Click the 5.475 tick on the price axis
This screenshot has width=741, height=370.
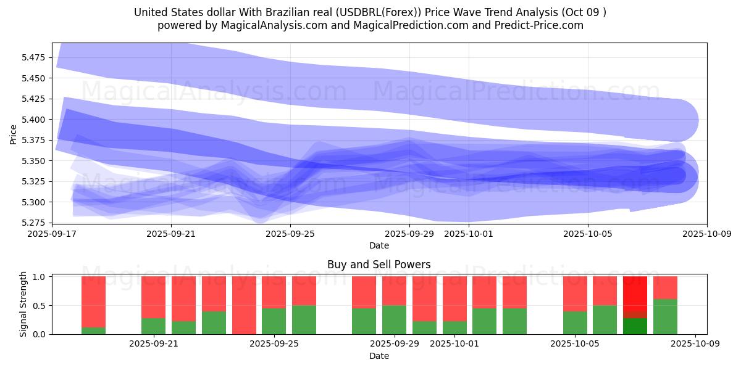pos(34,57)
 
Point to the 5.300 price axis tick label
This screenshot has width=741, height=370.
pos(34,202)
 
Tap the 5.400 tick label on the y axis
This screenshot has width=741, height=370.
pos(34,120)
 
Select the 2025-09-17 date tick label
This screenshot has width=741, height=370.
pos(52,234)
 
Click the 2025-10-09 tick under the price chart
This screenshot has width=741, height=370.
pos(707,234)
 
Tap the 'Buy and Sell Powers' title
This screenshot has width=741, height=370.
pos(379,265)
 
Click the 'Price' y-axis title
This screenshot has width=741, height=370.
pos(14,134)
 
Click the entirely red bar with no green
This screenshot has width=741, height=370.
pos(244,305)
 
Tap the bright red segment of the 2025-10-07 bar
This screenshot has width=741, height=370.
pos(635,297)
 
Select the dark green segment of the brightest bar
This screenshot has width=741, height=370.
pos(635,326)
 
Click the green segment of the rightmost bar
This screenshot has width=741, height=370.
pos(665,317)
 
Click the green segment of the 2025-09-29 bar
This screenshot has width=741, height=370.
pos(394,320)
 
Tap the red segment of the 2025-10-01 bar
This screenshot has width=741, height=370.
pos(454,298)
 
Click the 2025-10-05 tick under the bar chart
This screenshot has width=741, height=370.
pos(575,344)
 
